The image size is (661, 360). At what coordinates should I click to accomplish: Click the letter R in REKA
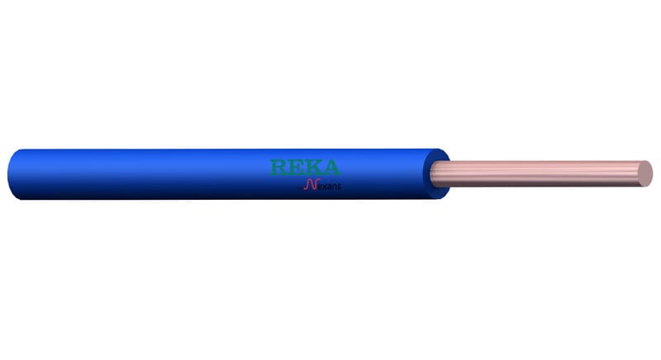click(x=278, y=167)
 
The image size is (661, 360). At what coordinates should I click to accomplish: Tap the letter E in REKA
click(x=294, y=167)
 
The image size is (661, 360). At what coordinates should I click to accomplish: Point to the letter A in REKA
click(x=330, y=167)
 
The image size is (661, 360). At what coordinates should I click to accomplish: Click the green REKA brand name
click(x=305, y=167)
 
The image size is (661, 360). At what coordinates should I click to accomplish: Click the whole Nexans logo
click(x=323, y=184)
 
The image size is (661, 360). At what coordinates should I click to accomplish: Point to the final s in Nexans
click(x=340, y=187)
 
